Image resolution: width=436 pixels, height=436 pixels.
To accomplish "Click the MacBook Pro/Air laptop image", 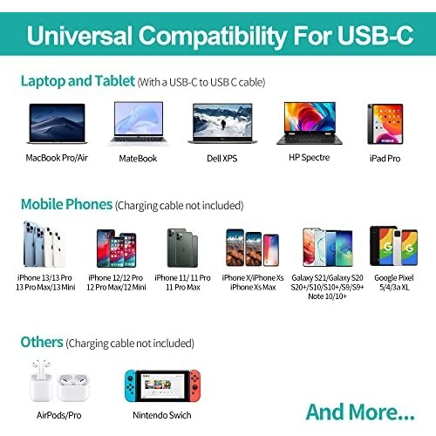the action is tap(57, 124).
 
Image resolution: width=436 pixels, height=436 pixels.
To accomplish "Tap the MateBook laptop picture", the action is tap(139, 123).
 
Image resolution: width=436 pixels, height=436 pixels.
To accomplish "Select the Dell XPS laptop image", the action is tap(222, 124).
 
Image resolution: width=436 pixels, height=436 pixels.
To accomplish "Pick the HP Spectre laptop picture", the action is tap(310, 123).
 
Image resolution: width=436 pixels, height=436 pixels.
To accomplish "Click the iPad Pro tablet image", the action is tap(385, 124).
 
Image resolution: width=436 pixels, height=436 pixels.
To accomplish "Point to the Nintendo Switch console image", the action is tap(162, 385).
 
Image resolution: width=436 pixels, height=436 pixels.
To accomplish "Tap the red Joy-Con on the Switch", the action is tap(195, 385).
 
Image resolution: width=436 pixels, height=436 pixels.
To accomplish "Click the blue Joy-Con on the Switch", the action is tap(131, 385).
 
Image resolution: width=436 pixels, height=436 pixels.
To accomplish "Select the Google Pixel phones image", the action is tap(394, 246).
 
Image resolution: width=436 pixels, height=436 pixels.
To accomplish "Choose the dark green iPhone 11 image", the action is tap(182, 248).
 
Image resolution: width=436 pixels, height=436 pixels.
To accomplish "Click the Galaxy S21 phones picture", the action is tap(328, 248).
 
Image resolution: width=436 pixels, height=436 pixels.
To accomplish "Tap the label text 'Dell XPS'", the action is tap(222, 159).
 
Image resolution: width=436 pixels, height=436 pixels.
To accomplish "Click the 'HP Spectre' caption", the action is tap(310, 158).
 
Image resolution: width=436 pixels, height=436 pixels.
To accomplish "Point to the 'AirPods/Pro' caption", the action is tap(59, 415).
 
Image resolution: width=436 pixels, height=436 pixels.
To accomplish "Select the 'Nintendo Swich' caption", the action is tap(162, 415).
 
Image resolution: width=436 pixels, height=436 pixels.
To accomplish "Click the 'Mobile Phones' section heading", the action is tap(66, 204).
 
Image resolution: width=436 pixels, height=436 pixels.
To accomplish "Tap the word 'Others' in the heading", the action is tap(42, 342).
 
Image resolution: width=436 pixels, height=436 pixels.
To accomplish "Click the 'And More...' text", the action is tap(360, 412).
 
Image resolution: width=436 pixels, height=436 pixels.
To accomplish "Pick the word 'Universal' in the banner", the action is tap(79, 36).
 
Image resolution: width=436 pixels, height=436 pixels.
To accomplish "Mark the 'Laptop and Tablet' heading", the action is tap(78, 81).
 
